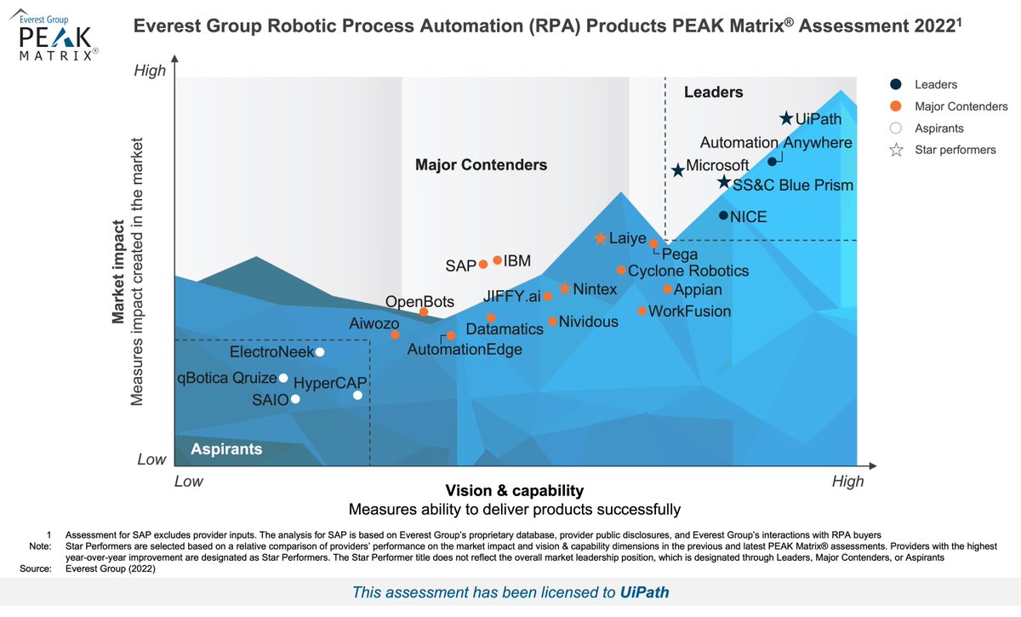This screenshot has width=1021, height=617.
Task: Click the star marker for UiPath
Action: [x=787, y=119]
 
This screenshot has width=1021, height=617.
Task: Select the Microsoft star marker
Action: [x=677, y=171]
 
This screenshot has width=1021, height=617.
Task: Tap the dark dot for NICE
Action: [x=723, y=216]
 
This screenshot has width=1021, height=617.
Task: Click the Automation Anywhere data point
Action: [x=772, y=162]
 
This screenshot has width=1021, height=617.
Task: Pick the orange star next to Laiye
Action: [x=601, y=239]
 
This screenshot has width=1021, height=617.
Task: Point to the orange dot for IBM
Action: [x=498, y=260]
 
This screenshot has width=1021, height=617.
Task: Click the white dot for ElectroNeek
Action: [x=320, y=352]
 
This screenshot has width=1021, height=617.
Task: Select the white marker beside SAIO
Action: [x=296, y=399]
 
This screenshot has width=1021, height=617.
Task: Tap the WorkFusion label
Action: [x=689, y=311]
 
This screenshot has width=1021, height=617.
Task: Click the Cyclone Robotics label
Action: [x=688, y=271]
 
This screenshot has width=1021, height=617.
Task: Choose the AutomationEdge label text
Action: [x=465, y=349]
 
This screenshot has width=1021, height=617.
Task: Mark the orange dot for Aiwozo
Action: [x=395, y=334]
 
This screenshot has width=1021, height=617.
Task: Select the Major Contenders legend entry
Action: [x=961, y=106]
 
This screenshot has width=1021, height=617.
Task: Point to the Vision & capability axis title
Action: [x=514, y=491]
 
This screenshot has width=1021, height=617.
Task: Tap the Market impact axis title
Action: [x=120, y=272]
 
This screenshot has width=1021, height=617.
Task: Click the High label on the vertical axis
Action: [x=151, y=71]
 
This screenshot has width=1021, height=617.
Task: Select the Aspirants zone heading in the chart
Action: [x=226, y=449]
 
